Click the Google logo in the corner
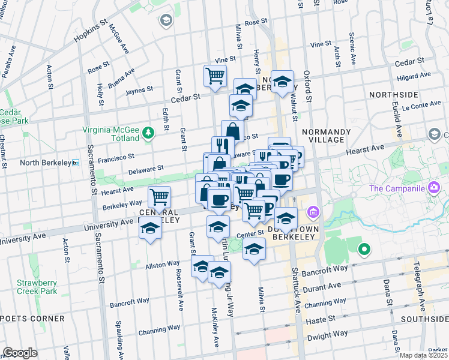(20, 353)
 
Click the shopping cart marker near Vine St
(215, 76)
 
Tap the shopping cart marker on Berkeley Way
(160, 197)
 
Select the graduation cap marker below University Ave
(151, 229)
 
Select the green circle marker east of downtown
(363, 249)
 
